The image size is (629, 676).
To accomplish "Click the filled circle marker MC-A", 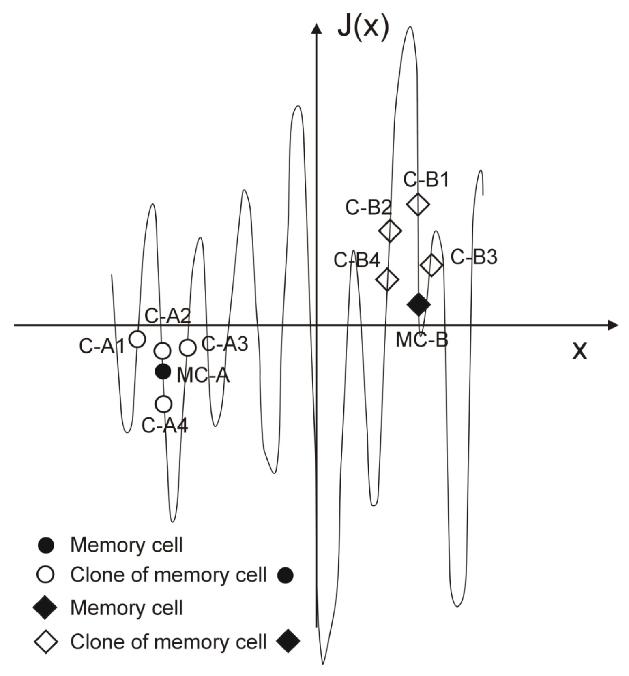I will tap(163, 371).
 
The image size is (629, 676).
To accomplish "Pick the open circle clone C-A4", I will tap(163, 404).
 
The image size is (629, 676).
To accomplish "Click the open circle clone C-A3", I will tap(187, 347).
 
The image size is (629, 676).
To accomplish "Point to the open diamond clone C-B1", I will tap(418, 204).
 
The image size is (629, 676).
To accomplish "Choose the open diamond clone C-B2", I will tap(390, 231).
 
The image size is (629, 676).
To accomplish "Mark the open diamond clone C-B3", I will tap(431, 265).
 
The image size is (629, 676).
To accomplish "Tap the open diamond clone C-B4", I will tap(388, 279).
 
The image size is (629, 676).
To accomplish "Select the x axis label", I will tap(580, 351).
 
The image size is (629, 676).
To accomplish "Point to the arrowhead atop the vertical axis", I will tap(316, 28).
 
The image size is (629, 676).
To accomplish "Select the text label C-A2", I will tap(168, 316).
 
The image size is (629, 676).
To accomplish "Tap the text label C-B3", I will tap(474, 257).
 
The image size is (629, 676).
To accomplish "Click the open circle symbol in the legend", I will tap(45, 574).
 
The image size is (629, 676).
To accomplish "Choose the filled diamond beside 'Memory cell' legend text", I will tap(45, 608).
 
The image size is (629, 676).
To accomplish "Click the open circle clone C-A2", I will tap(163, 350).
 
